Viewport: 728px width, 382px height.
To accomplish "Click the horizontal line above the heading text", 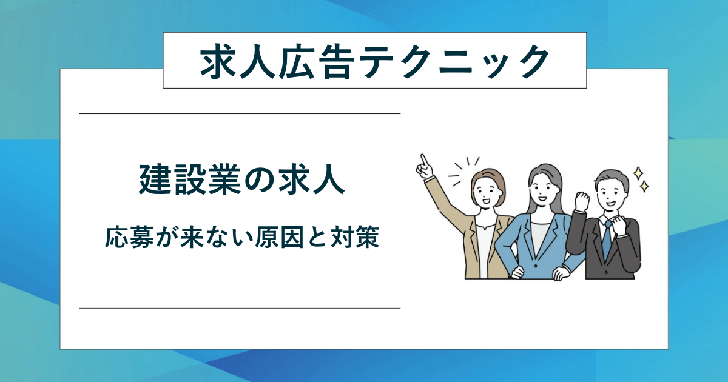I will (240, 113).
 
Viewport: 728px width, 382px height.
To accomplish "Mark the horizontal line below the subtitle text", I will (240, 308).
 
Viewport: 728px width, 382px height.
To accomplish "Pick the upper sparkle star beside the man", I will (638, 173).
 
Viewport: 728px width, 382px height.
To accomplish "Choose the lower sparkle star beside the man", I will (645, 186).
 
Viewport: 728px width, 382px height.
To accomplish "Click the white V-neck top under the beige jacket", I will (485, 243).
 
